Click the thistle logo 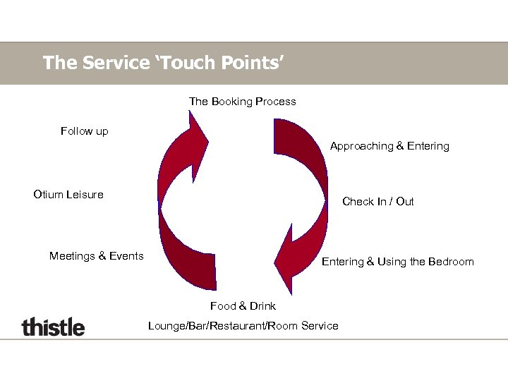coord(53,327)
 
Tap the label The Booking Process coord(242,102)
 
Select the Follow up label coord(85,131)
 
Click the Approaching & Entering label coord(389,146)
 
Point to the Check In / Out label coord(377,202)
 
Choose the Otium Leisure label coord(68,195)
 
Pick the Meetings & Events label coord(96,256)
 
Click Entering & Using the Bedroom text coord(398,262)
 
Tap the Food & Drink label coord(243,306)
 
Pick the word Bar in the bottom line coord(201,326)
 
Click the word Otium coord(48,195)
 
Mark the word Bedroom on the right coord(450,262)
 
